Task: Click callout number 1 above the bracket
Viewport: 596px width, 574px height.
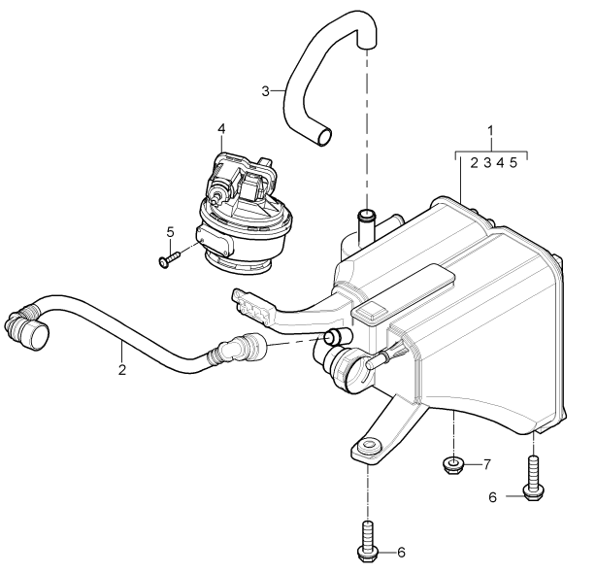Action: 491,130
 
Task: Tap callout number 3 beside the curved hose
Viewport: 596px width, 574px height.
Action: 266,91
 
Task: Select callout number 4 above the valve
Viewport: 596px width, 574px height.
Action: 221,128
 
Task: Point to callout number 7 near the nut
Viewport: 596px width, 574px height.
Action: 487,464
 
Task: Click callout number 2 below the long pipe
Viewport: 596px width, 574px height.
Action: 121,369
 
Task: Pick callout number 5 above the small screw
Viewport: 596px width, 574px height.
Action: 170,232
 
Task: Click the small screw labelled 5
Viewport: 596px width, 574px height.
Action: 169,259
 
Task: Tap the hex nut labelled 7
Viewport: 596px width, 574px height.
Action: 453,466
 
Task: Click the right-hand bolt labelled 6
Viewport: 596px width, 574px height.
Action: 534,479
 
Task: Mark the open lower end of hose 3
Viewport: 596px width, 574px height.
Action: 324,137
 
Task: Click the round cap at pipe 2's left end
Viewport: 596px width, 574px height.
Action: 37,335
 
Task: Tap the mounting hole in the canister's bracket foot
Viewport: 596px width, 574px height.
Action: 369,444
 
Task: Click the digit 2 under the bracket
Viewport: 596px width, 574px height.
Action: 474,163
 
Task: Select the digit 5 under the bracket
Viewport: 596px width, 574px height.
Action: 513,163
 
